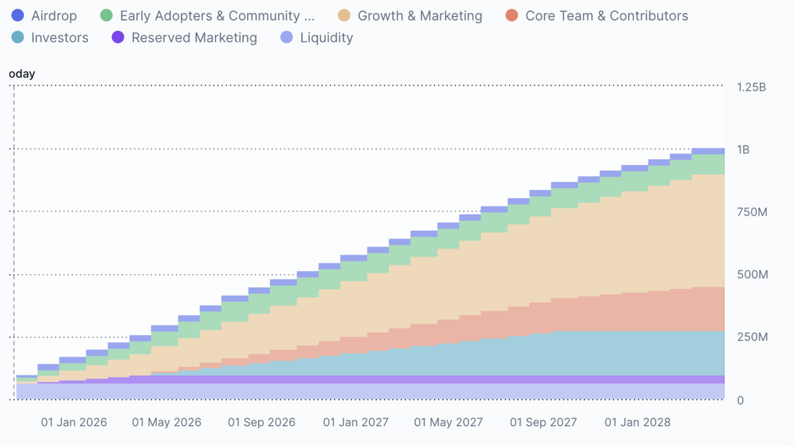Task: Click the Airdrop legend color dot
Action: (x=18, y=16)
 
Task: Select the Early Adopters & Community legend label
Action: (x=217, y=16)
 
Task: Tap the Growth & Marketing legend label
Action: (x=419, y=16)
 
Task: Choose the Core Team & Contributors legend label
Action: (x=606, y=16)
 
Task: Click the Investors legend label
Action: (x=60, y=38)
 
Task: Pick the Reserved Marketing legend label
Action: (x=194, y=38)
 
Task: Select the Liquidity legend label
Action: (x=326, y=38)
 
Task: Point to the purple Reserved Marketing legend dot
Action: (x=118, y=38)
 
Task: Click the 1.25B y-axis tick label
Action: (x=751, y=87)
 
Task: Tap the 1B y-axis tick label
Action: (x=743, y=150)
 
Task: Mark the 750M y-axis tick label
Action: (x=752, y=212)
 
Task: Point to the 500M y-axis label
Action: (x=752, y=275)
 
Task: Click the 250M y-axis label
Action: (x=752, y=337)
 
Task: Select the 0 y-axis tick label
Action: (x=740, y=400)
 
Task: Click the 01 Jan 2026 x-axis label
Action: (x=73, y=422)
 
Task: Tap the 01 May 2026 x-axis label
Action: (x=167, y=422)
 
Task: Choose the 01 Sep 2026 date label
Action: (x=261, y=422)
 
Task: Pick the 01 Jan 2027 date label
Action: (x=356, y=422)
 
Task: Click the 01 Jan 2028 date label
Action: (x=638, y=422)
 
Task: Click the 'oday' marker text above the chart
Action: (x=22, y=74)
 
